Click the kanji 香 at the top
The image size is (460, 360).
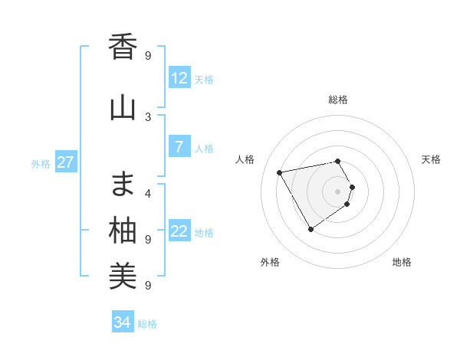[x=123, y=47]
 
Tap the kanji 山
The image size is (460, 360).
[x=123, y=107]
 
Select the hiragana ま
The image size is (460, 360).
[x=123, y=184]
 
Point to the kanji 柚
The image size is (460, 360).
[x=123, y=231]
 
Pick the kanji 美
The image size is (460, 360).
[x=123, y=277]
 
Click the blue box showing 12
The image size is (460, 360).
[x=179, y=77]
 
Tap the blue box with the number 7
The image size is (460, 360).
[x=179, y=147]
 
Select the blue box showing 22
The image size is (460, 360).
[x=179, y=231]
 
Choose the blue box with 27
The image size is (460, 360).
[x=65, y=162]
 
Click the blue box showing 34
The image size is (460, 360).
[x=122, y=322]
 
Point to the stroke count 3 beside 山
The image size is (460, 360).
[x=148, y=116]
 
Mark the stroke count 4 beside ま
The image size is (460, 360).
[x=148, y=193]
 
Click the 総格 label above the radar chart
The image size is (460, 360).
[x=338, y=100]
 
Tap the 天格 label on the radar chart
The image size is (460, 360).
[x=431, y=159]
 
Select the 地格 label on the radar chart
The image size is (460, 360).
[x=402, y=262]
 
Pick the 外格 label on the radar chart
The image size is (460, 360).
[x=270, y=262]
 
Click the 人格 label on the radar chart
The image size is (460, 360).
[x=245, y=159]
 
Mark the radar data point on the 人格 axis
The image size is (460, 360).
[x=280, y=172]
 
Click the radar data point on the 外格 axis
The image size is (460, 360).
[x=310, y=229]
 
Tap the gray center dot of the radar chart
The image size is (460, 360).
[x=338, y=191]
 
